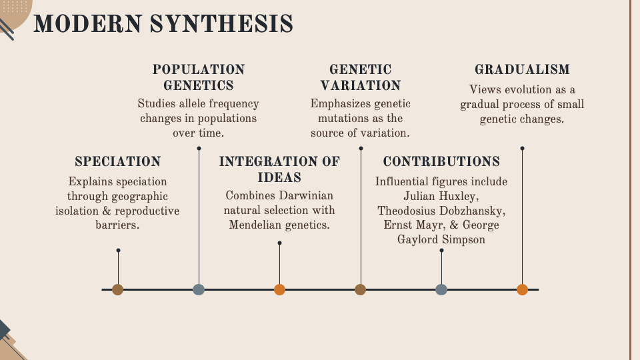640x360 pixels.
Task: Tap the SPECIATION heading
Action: tap(118, 161)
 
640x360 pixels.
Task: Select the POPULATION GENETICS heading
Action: tap(199, 77)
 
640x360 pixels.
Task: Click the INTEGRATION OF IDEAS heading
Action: tap(279, 169)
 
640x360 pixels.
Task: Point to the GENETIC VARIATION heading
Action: tap(361, 77)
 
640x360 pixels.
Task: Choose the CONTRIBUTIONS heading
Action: tap(441, 161)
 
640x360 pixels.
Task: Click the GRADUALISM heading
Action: tap(522, 69)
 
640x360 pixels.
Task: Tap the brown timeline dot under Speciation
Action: tap(118, 289)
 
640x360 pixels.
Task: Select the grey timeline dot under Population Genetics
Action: tap(199, 289)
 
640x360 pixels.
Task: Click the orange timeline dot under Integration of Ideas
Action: tap(279, 289)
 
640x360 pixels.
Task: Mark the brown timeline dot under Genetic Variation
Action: tap(361, 289)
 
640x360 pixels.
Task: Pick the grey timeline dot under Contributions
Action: tap(441, 289)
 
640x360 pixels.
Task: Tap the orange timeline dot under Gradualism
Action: tap(522, 289)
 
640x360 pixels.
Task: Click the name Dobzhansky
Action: tap(469, 211)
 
